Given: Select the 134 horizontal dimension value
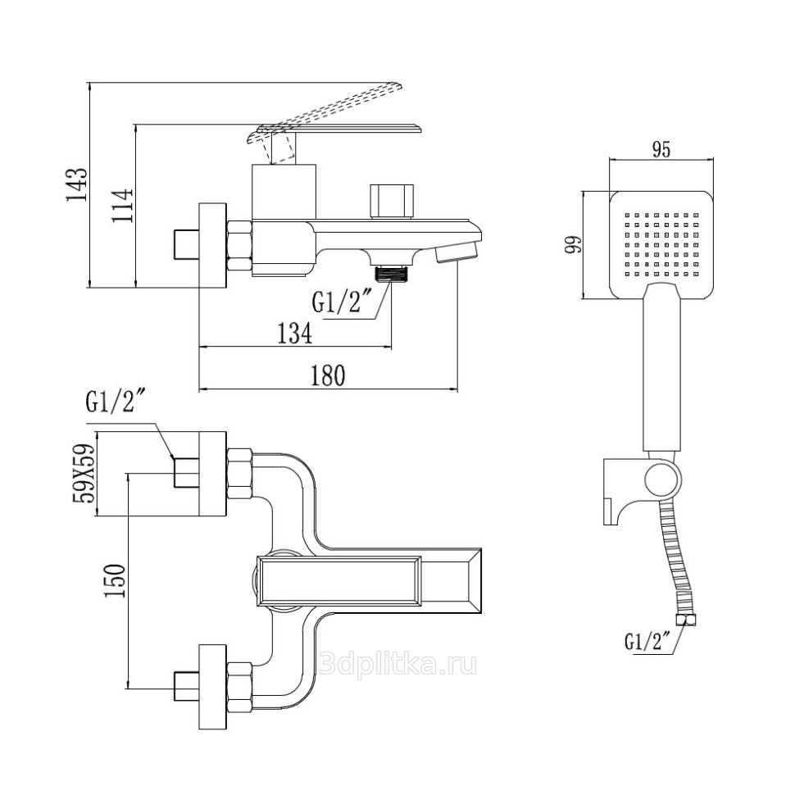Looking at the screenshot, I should [295, 333].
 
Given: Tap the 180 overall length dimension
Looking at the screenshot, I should [328, 375].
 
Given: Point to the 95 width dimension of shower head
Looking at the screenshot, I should [661, 149].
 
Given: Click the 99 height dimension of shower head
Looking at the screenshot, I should [573, 244].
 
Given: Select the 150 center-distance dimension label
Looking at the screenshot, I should [115, 580].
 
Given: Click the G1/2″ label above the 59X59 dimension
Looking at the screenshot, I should [115, 403].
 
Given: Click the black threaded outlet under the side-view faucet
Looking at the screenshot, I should [391, 274].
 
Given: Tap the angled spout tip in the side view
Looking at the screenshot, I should [456, 251].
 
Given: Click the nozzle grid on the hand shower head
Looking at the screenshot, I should [661, 243].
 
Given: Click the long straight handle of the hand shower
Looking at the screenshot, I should [661, 369].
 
